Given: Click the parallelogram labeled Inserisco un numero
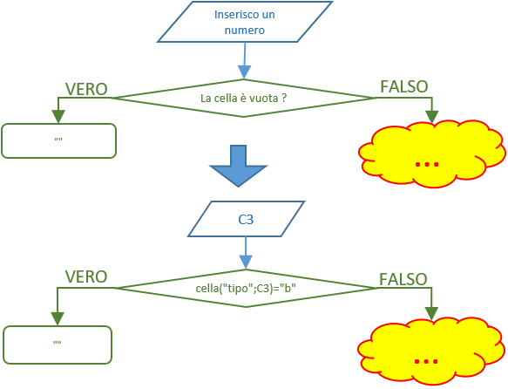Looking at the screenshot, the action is pyautogui.click(x=245, y=22).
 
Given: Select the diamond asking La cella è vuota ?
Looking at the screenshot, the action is pyautogui.click(x=244, y=98).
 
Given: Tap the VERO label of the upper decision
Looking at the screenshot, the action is pyautogui.click(x=86, y=89).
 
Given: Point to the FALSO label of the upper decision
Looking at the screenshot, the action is pyautogui.click(x=404, y=86).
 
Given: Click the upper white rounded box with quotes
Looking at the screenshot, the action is pyautogui.click(x=58, y=140).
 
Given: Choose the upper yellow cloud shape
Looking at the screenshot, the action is pyautogui.click(x=432, y=154).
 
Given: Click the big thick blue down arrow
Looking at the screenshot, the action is pyautogui.click(x=239, y=166).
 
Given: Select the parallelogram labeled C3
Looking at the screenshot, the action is pyautogui.click(x=247, y=219).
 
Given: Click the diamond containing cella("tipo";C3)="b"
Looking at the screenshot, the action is pyautogui.click(x=246, y=288).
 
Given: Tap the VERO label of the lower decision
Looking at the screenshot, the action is pyautogui.click(x=86, y=276).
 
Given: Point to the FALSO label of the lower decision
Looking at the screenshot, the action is pyautogui.click(x=403, y=279).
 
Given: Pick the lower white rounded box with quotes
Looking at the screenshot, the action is pyautogui.click(x=58, y=345).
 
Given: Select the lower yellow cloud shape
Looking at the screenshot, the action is pyautogui.click(x=431, y=351).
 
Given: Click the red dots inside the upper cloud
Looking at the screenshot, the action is pyautogui.click(x=427, y=165).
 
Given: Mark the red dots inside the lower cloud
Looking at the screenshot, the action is pyautogui.click(x=426, y=361).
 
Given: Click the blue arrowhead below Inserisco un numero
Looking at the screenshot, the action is pyautogui.click(x=244, y=72).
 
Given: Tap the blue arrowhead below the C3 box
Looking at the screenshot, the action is pyautogui.click(x=246, y=263).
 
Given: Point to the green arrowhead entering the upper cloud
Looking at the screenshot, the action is pyautogui.click(x=432, y=117).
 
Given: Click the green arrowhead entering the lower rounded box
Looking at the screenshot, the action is pyautogui.click(x=58, y=318).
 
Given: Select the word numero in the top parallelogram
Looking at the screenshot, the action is pyautogui.click(x=245, y=31).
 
